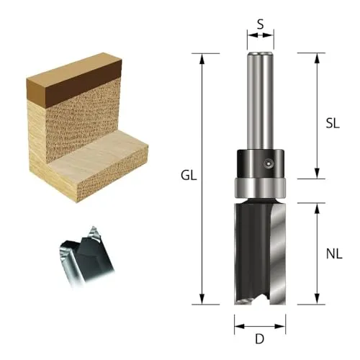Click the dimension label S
coord(261,24)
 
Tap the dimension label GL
coord(189,176)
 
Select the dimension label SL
coord(333,123)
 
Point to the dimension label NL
coord(334,254)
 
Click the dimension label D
coord(260,339)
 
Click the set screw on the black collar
coord(268,163)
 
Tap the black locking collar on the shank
coord(261,163)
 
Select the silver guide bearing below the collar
coord(260,188)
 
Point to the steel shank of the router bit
coord(261,101)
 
